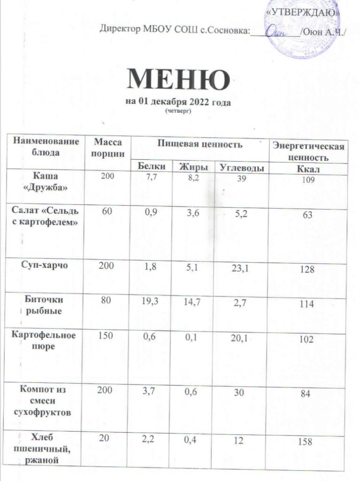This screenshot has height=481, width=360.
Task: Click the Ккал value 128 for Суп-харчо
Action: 307,272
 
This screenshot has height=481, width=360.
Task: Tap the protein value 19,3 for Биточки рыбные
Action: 147,299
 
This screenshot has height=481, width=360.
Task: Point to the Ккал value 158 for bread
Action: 307,442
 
